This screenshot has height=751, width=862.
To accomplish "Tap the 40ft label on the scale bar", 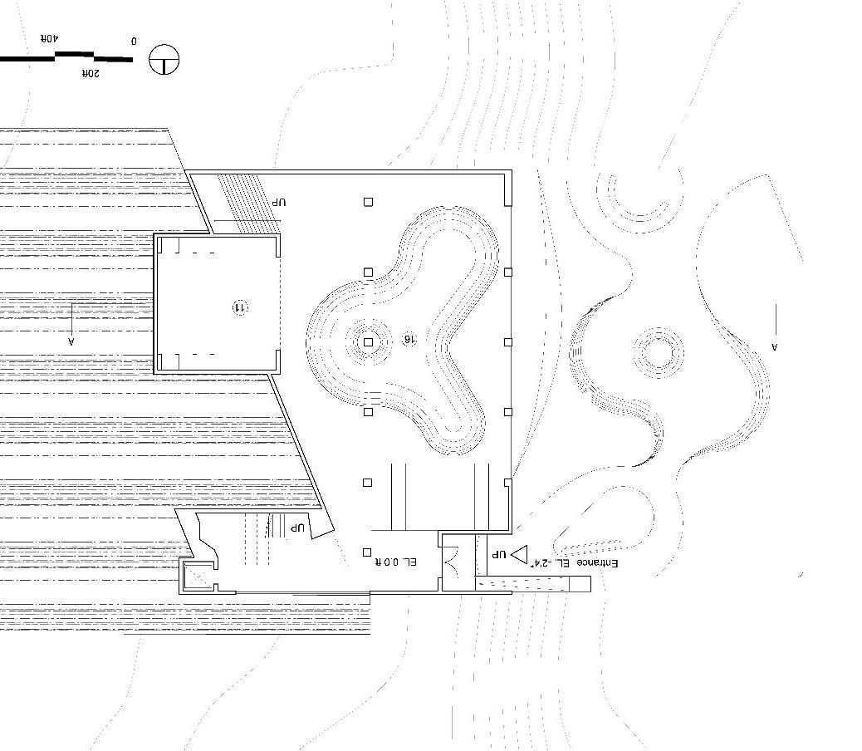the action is pyautogui.click(x=50, y=38).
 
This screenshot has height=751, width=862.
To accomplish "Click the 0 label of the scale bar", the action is pyautogui.click(x=134, y=41).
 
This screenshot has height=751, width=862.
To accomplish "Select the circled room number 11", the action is pyautogui.click(x=239, y=307).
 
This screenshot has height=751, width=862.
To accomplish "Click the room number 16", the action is pyautogui.click(x=408, y=340).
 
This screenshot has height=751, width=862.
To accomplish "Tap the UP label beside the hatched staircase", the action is pyautogui.click(x=278, y=203).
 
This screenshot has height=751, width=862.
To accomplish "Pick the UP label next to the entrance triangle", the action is pyautogui.click(x=498, y=553).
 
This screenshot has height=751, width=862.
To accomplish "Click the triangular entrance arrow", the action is pyautogui.click(x=521, y=553).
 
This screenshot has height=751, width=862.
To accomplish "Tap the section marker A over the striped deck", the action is pyautogui.click(x=71, y=340).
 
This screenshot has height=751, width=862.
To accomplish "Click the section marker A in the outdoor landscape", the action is pyautogui.click(x=774, y=346).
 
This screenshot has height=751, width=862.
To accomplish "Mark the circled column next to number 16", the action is pyautogui.click(x=369, y=341).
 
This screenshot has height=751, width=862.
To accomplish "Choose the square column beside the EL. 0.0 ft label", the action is pyautogui.click(x=368, y=552).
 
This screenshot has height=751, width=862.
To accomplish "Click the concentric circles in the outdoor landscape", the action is pyautogui.click(x=659, y=352).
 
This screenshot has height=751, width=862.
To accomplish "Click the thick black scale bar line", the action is pyautogui.click(x=66, y=57).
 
